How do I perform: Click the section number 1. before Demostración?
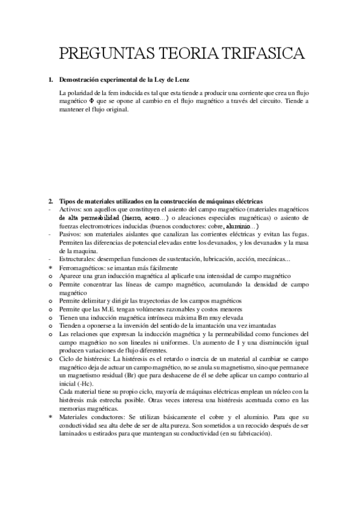click(50, 80)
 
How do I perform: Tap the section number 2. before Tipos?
click(50, 200)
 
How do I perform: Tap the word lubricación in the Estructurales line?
click(225, 259)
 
